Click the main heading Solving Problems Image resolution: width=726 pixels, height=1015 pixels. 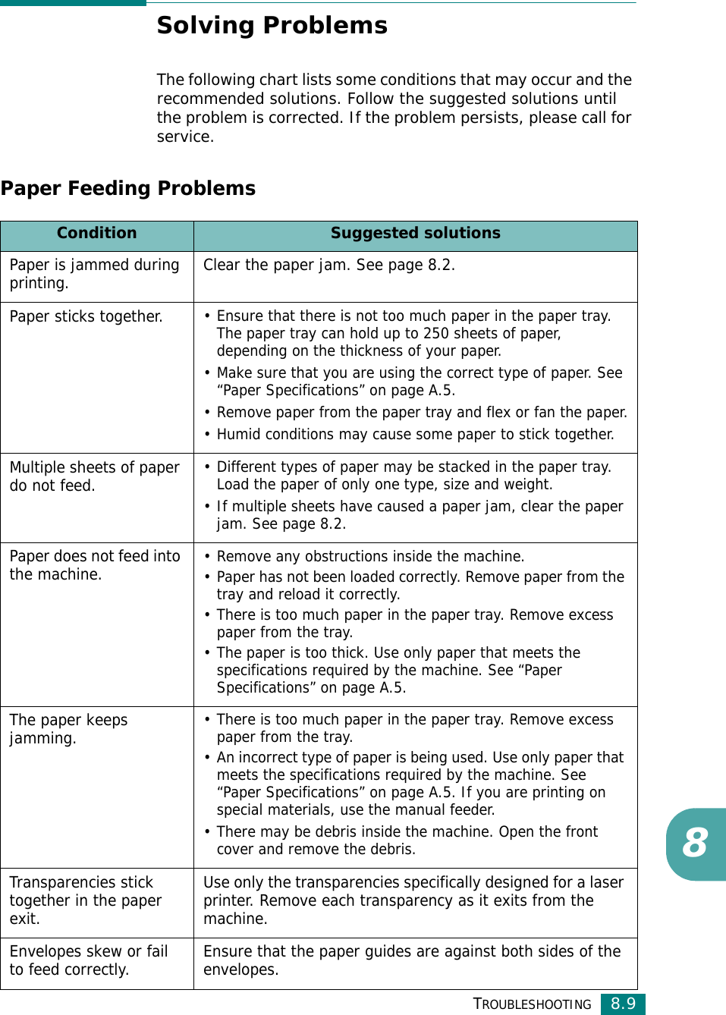[272, 26]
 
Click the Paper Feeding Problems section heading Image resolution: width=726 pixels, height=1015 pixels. [128, 188]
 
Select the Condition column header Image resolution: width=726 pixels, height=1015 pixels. [96, 234]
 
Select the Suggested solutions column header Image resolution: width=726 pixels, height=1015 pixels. [415, 234]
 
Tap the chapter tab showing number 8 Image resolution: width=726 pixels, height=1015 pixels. [695, 843]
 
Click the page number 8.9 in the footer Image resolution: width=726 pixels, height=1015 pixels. [623, 1004]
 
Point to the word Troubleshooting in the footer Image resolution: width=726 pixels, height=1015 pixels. [532, 1004]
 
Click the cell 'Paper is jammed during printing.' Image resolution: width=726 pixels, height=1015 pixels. [94, 274]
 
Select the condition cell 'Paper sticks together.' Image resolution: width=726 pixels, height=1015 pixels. [86, 316]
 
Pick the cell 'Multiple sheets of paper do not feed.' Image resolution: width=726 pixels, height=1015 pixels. [94, 476]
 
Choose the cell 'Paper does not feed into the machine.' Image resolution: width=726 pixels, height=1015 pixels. [94, 565]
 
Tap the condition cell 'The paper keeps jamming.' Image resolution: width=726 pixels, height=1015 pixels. [68, 729]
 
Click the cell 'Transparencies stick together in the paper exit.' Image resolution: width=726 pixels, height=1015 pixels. [85, 900]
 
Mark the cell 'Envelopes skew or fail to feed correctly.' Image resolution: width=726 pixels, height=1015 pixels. [88, 960]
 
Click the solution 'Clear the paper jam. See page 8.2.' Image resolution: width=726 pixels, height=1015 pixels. [328, 265]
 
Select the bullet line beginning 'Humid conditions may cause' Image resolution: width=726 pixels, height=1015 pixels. [415, 435]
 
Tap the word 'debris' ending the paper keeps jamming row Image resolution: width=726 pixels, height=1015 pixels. [392, 850]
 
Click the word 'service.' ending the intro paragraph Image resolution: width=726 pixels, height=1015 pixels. [185, 137]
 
